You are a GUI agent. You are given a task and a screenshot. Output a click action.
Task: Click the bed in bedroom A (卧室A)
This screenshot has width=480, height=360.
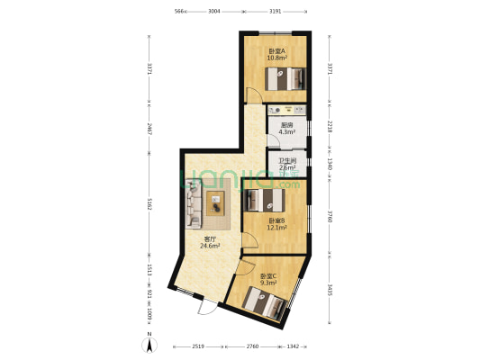[x=286, y=80]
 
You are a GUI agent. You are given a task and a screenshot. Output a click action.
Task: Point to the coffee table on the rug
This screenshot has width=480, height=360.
[x=217, y=202]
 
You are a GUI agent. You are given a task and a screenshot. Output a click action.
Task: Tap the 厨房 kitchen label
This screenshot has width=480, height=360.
[x=286, y=125]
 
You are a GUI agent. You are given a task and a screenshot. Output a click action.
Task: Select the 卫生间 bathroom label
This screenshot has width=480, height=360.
[x=286, y=160]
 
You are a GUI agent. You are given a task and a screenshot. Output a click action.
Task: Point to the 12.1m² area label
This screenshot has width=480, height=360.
[x=276, y=228]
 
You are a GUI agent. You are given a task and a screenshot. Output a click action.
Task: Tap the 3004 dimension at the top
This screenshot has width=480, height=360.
[x=213, y=12]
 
